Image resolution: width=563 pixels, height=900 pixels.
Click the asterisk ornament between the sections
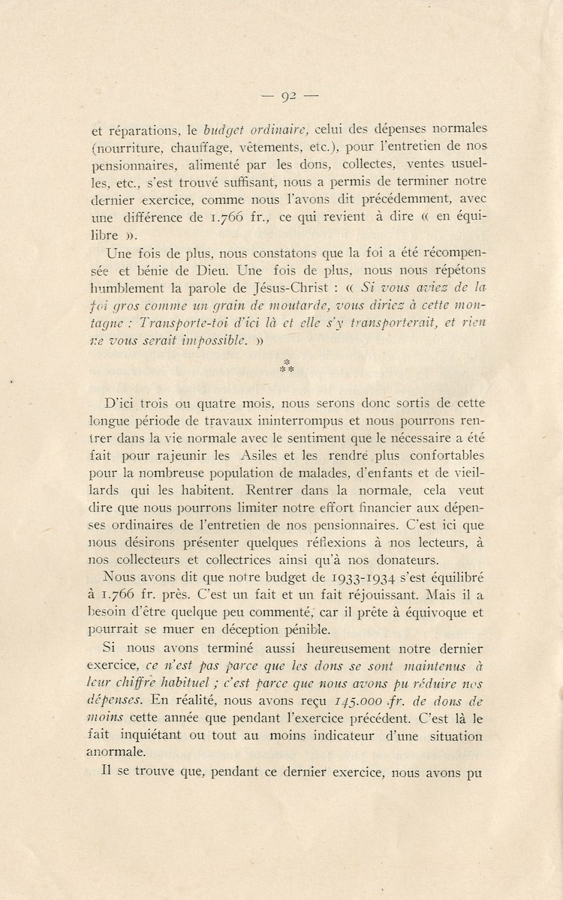coord(285,366)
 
